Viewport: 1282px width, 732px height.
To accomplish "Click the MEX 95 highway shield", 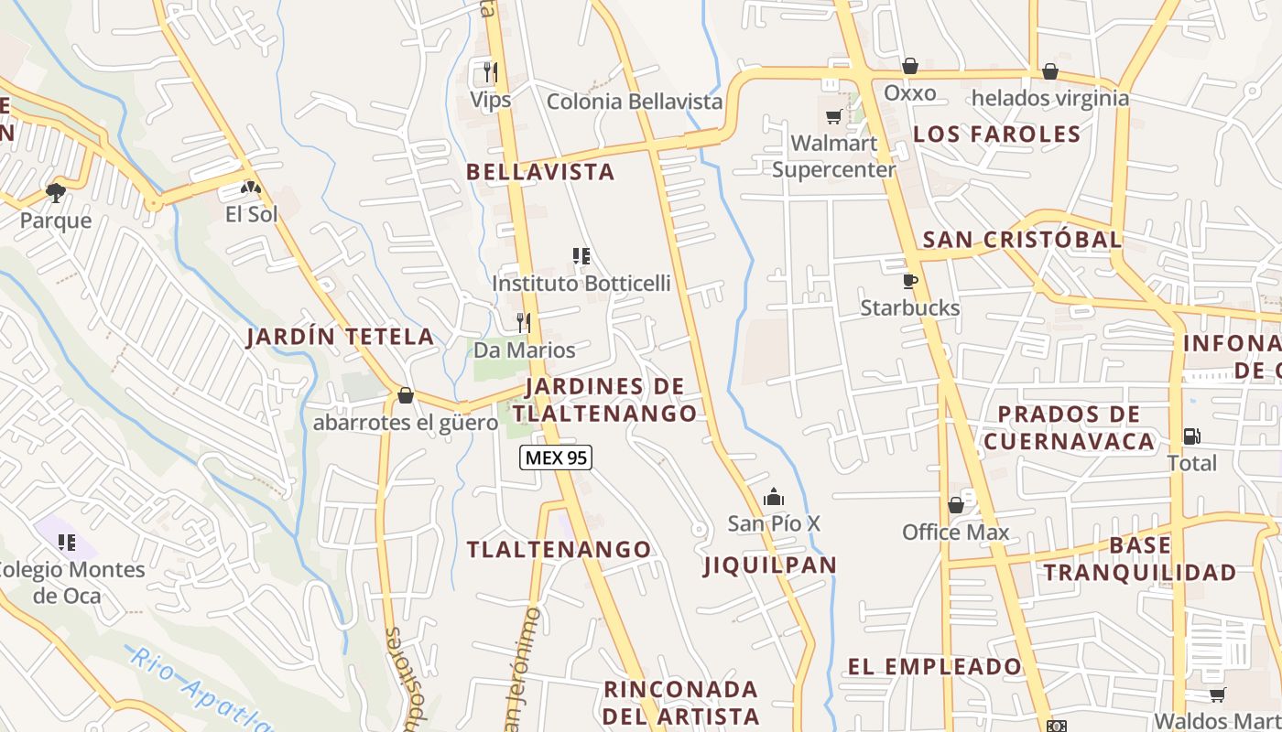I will (x=556, y=457).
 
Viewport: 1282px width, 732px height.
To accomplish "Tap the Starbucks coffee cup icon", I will (x=909, y=281).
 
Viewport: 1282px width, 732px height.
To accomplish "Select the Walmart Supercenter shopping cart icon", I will (x=833, y=116).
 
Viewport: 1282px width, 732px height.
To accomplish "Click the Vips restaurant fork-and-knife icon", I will (x=491, y=71).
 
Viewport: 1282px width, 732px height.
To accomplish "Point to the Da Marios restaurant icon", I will (x=523, y=322).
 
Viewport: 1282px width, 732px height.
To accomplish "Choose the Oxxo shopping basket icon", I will (x=909, y=66).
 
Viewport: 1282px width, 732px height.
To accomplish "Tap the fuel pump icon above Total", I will (x=1191, y=436).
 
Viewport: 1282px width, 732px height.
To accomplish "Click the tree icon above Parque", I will (x=56, y=192).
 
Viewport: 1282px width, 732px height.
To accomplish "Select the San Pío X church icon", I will (x=774, y=497).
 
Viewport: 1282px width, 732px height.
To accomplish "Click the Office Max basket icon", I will (x=956, y=505).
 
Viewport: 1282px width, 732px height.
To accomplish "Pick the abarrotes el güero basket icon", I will (x=406, y=395).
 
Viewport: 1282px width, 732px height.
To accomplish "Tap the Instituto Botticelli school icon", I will (x=581, y=256).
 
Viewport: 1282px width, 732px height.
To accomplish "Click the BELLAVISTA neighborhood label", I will (x=539, y=171).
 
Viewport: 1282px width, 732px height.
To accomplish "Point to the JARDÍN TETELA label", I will (x=340, y=336).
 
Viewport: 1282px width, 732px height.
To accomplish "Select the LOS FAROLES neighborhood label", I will (x=996, y=134).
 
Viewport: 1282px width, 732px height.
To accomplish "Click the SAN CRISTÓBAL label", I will (x=1021, y=240).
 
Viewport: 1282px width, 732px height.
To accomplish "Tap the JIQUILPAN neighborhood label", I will (x=770, y=565).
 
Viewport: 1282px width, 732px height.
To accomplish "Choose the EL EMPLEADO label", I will (x=934, y=666).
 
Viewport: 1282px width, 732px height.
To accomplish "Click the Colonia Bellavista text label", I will (x=635, y=102).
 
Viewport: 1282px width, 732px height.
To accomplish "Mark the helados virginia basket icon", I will (x=1050, y=71).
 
